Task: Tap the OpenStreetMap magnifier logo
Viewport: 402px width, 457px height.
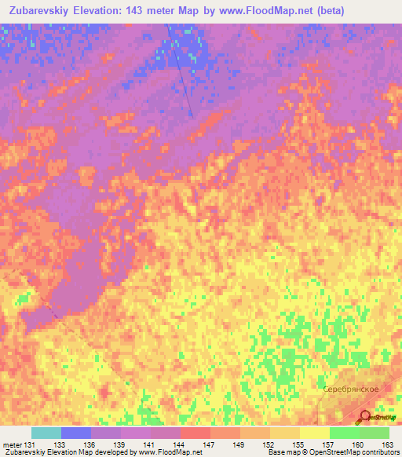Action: pyautogui.click(x=366, y=416)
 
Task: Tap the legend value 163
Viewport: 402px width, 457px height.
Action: pyautogui.click(x=386, y=445)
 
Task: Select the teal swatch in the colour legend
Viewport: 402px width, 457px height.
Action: pyautogui.click(x=46, y=433)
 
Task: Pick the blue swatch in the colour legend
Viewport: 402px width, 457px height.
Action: pyautogui.click(x=76, y=433)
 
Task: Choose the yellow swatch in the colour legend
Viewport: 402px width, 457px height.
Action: pyautogui.click(x=315, y=433)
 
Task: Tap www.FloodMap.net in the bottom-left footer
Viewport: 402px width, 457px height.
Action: pyautogui.click(x=166, y=453)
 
